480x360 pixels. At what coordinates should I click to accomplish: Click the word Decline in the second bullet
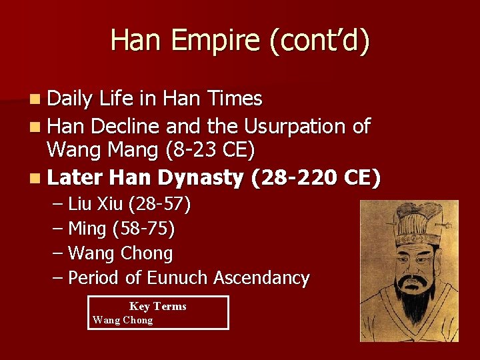(x=126, y=125)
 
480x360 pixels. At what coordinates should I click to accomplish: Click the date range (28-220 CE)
(x=315, y=178)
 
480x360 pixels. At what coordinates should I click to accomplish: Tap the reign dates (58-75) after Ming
(x=143, y=229)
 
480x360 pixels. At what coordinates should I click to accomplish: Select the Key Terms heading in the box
(x=157, y=306)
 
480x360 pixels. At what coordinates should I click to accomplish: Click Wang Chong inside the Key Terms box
(x=123, y=320)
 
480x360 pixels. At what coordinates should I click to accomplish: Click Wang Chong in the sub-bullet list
(x=121, y=253)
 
